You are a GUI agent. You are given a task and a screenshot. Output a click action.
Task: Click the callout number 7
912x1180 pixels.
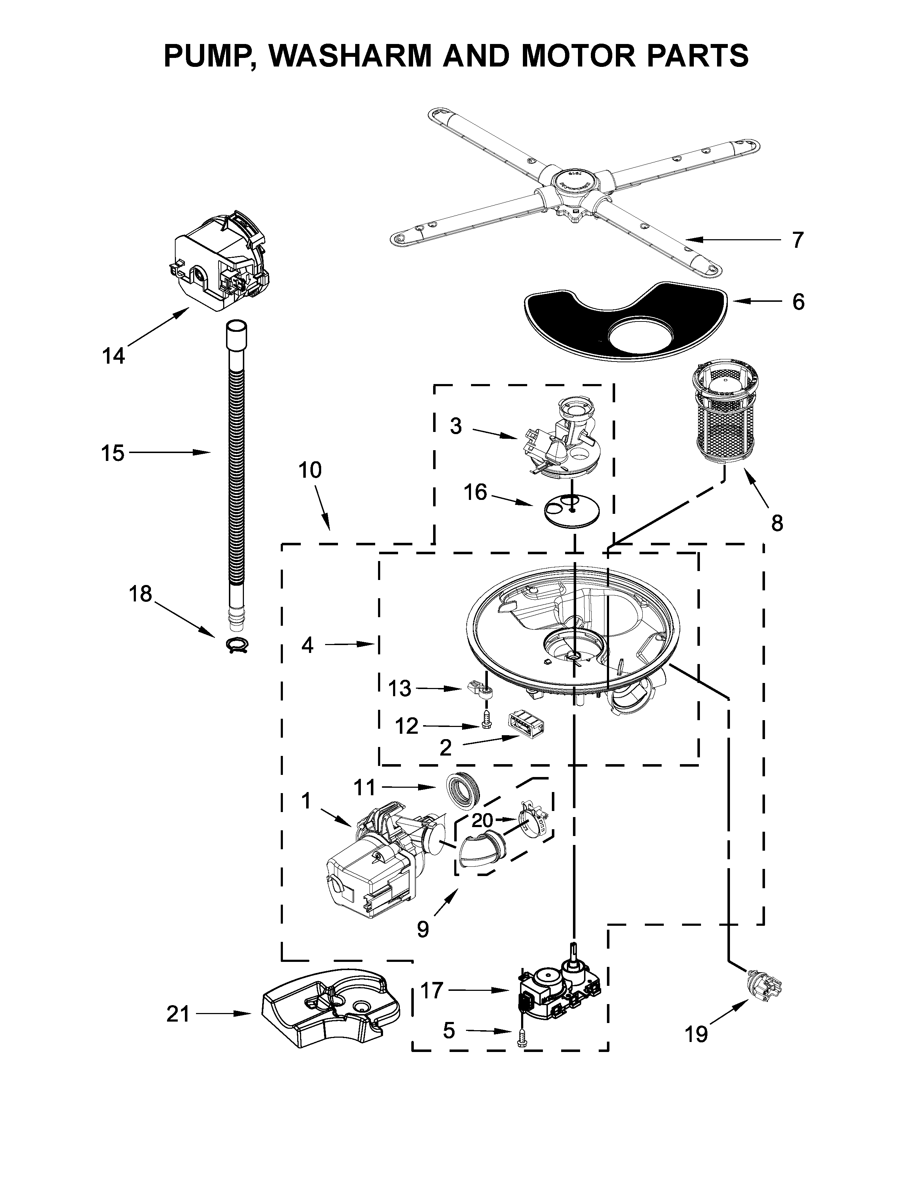[798, 240]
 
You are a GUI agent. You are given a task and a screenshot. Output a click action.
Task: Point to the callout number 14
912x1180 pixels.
[113, 356]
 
